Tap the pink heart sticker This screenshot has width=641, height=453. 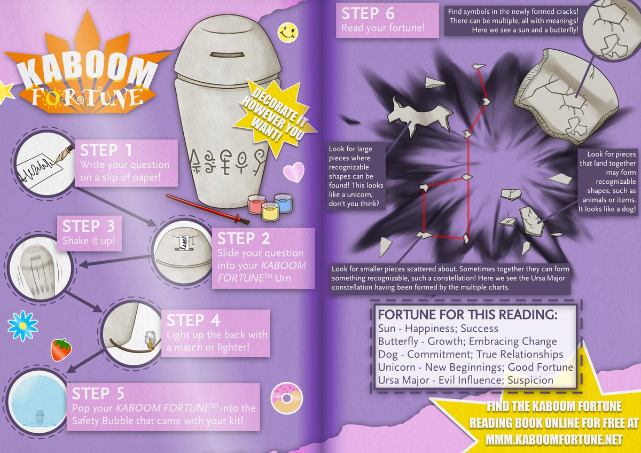[x=294, y=171]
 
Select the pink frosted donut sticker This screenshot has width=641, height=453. [x=286, y=399]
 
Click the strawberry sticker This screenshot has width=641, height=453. [x=61, y=349]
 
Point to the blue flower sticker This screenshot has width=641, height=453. [x=23, y=326]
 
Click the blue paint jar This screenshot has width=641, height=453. [x=283, y=203]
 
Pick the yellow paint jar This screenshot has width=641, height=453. [x=270, y=212]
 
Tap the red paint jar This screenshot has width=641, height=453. [x=256, y=204]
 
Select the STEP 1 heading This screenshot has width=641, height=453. [x=106, y=150]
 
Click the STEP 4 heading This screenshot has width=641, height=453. [x=193, y=320]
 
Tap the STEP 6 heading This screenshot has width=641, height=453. [x=368, y=13]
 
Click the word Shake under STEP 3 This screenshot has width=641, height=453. [x=75, y=241]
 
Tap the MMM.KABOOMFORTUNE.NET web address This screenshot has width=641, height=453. [x=554, y=440]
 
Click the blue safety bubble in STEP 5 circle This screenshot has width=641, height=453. [x=37, y=401]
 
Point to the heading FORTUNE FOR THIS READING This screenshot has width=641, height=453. [x=467, y=315]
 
